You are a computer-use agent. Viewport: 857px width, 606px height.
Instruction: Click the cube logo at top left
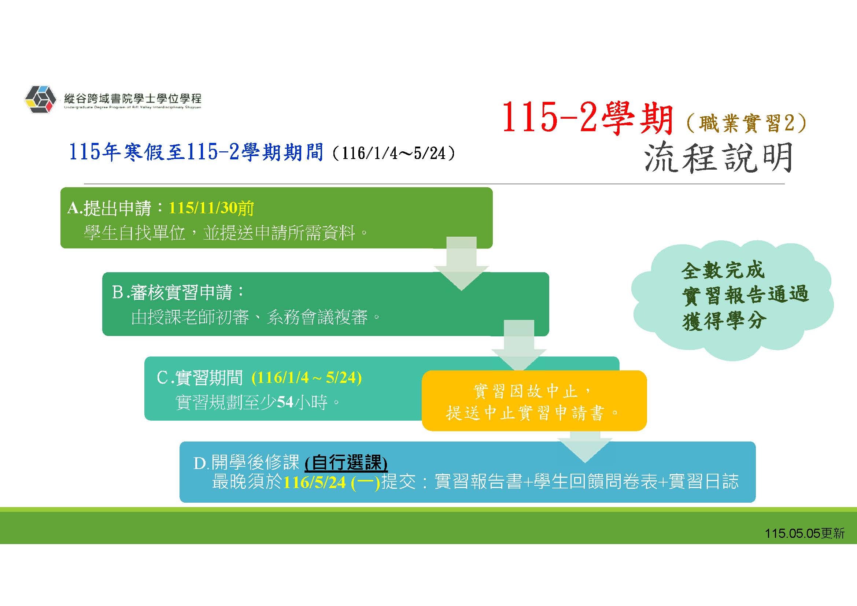[40, 99]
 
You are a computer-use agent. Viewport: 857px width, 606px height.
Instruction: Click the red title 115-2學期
[587, 118]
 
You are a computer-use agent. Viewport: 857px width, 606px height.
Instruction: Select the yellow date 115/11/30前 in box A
[211, 208]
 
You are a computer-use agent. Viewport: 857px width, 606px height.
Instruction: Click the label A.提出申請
[109, 208]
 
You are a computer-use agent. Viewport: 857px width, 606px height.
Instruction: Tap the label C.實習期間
[200, 378]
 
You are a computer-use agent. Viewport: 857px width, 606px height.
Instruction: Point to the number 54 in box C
[285, 402]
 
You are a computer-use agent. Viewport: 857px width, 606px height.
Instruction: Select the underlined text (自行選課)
[346, 463]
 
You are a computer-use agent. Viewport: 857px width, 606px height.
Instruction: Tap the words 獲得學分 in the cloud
[724, 321]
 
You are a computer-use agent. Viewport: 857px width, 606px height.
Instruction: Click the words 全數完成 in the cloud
[723, 270]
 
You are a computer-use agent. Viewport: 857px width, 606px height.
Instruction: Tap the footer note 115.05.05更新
[804, 533]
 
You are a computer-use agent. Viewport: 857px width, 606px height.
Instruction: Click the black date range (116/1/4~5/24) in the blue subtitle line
[393, 153]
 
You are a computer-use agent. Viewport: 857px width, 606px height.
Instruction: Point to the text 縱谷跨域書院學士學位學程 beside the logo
[133, 99]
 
